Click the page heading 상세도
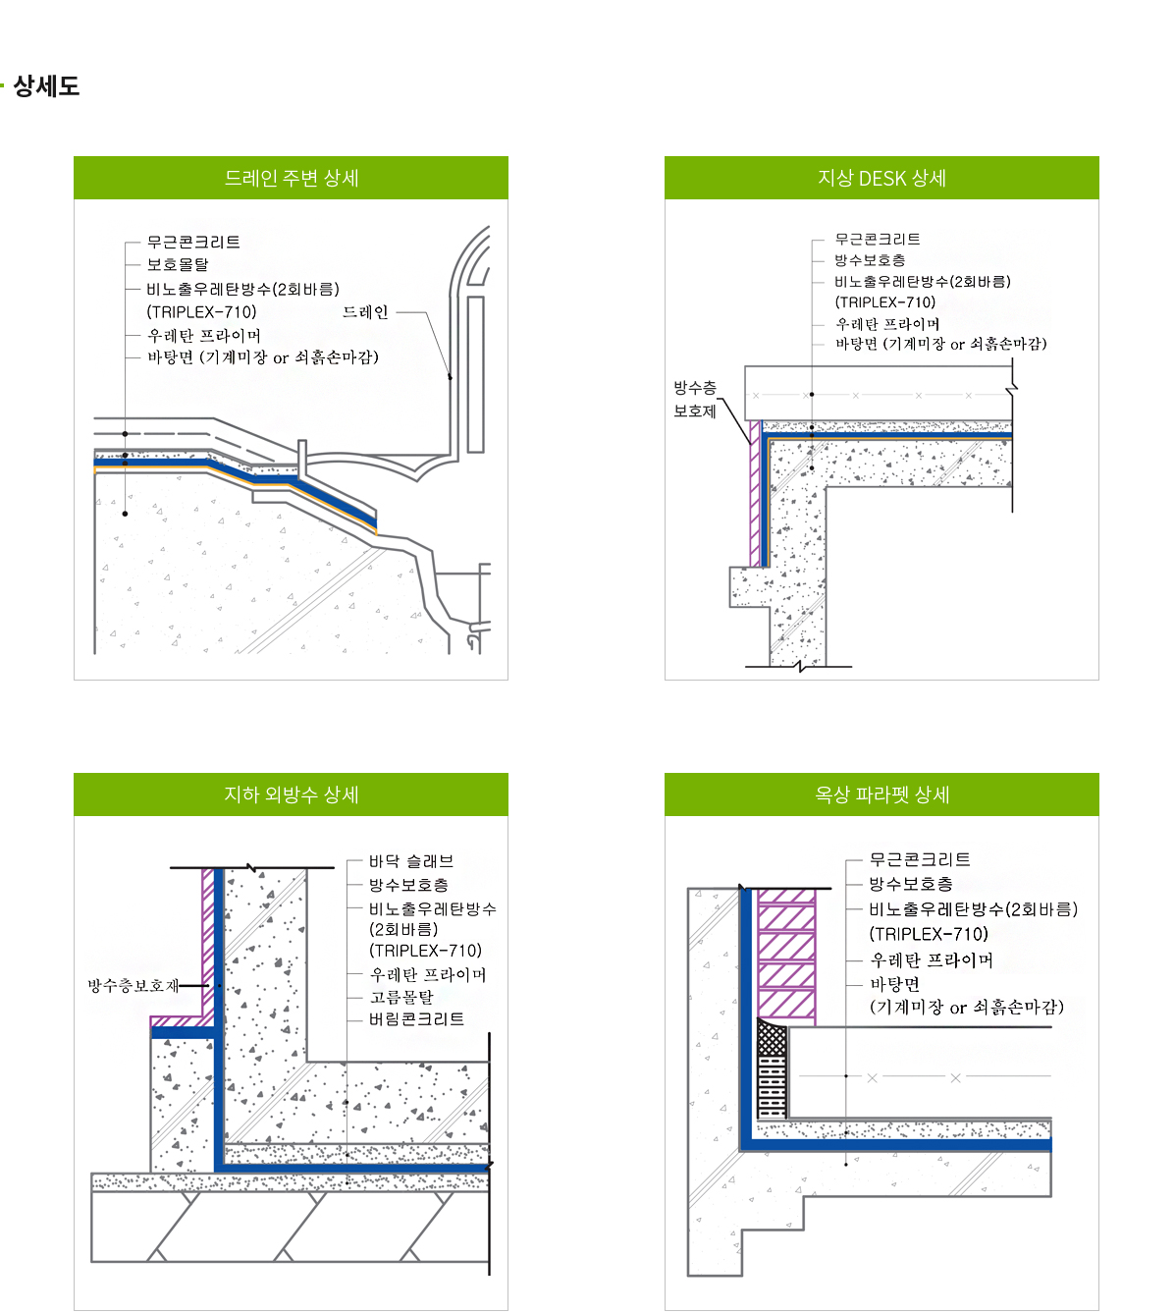[x=46, y=85]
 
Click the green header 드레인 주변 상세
[x=292, y=178]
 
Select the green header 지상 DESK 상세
[x=881, y=178]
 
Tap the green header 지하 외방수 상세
[x=292, y=794]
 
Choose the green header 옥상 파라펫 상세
[x=881, y=794]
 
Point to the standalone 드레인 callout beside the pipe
[x=365, y=312]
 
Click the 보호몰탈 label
[x=178, y=264]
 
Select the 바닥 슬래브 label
[x=411, y=861]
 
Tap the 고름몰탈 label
[x=401, y=997]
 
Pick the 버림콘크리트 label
[x=416, y=1019]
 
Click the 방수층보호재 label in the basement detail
[x=134, y=986]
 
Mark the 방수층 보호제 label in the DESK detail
[x=695, y=400]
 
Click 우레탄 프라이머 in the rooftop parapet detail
[x=932, y=959]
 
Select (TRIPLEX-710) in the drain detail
[x=201, y=312]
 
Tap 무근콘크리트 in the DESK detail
[x=878, y=240]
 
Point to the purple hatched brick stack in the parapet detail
[x=786, y=957]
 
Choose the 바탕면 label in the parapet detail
[x=895, y=985]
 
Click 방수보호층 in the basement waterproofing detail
[x=408, y=885]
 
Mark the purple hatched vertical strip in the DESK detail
[x=755, y=494]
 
